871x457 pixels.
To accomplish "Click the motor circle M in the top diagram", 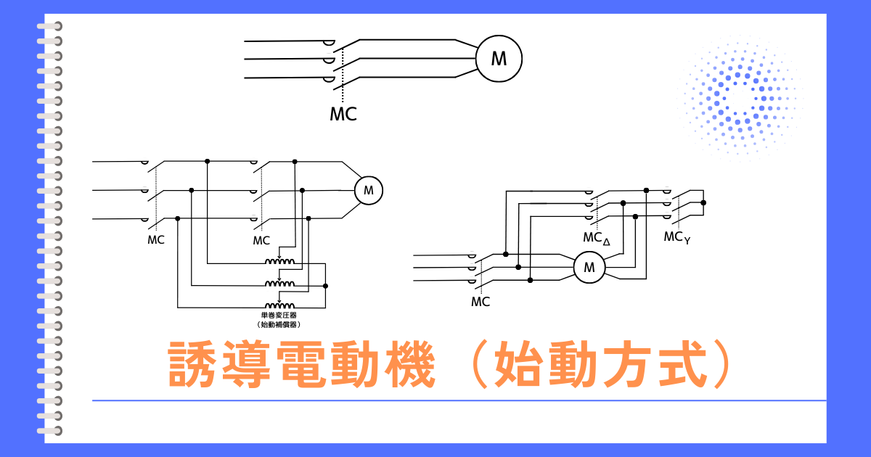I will (x=499, y=59).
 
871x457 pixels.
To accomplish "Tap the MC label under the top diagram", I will (x=343, y=114).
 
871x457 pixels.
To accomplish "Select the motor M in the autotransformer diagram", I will (x=368, y=191).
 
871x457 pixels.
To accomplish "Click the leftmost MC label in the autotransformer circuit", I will (x=155, y=240).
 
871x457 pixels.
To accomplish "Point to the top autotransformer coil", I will (x=280, y=261).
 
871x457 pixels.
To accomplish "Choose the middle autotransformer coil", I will (x=280, y=283).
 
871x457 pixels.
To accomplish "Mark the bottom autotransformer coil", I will (x=280, y=305).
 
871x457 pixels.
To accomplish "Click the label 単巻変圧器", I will (x=279, y=316).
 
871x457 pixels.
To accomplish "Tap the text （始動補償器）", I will (x=279, y=325).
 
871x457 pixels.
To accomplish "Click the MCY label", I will (x=676, y=237).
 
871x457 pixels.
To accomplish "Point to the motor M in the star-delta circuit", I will (x=589, y=268).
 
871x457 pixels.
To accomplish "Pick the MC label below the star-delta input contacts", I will (x=481, y=302).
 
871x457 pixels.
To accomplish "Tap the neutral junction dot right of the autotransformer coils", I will (x=326, y=287).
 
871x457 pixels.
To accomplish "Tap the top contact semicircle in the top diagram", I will (x=330, y=44).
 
